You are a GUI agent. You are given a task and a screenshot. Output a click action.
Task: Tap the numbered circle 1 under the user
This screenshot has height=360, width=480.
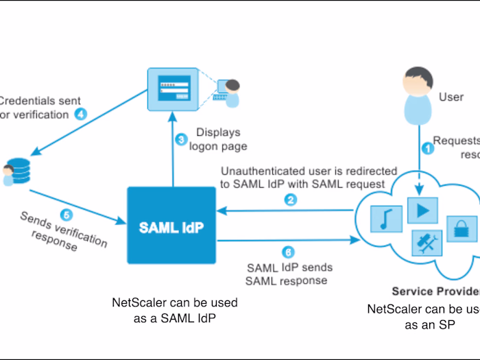pyautogui.click(x=428, y=147)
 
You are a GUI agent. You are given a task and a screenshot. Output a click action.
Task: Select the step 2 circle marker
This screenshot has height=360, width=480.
pyautogui.click(x=291, y=200)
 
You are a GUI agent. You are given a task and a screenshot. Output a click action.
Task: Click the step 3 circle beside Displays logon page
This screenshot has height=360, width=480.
pyautogui.click(x=181, y=140)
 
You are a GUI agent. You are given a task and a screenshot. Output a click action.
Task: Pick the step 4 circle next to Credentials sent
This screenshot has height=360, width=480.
pyautogui.click(x=81, y=114)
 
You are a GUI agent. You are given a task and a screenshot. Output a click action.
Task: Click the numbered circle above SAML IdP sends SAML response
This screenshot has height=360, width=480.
pyautogui.click(x=288, y=252)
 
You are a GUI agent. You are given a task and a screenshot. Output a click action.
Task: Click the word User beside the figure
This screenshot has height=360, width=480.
pyautogui.click(x=451, y=97)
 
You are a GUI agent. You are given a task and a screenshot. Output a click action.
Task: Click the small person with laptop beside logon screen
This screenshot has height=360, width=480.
pyautogui.click(x=229, y=93)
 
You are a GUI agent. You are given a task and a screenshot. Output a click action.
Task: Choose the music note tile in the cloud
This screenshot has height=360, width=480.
pyautogui.click(x=385, y=218)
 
